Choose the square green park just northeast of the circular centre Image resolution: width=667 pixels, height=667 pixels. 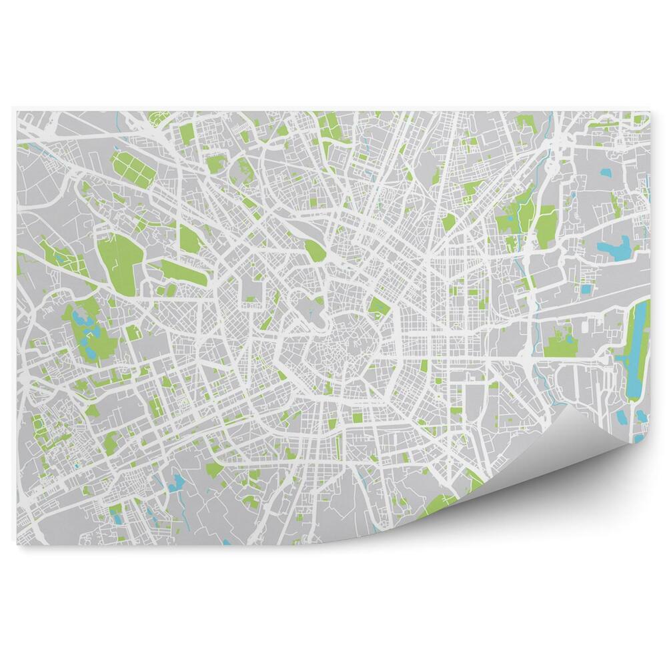coord(378,306)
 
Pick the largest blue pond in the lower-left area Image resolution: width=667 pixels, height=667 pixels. coord(177,483)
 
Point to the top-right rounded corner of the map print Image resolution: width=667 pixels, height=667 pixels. coord(647,113)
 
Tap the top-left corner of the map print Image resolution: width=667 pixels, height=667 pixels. coord(18,111)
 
